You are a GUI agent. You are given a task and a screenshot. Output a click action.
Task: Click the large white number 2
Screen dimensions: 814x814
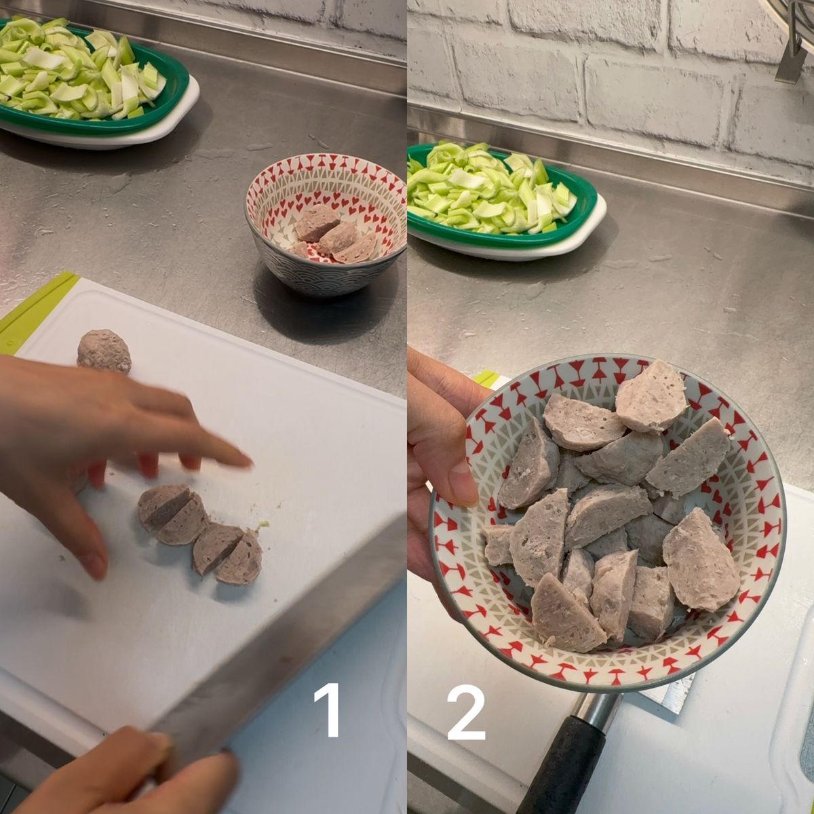466,712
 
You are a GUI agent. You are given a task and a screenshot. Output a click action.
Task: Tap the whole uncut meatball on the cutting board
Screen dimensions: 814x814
104,352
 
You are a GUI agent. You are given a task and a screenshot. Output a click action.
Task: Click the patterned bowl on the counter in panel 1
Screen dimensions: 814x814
326,224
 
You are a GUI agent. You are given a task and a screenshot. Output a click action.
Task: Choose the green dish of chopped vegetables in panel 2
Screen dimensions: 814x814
505,200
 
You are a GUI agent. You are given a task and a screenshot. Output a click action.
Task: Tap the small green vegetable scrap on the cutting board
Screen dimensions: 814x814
265,524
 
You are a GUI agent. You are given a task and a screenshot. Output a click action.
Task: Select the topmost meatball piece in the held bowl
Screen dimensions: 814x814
651,395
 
